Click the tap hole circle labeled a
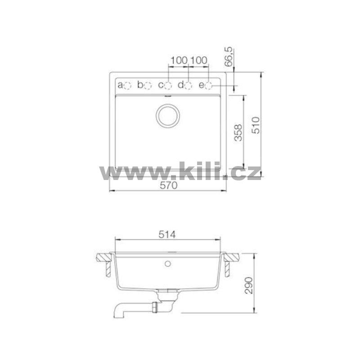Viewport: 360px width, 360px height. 127,85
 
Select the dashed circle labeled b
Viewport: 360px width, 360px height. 148,85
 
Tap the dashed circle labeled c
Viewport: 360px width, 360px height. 168,85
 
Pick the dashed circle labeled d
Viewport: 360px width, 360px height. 188,85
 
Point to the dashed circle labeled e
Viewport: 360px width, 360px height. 209,85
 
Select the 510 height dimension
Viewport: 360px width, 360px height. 256,125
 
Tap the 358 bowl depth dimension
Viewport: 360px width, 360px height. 238,132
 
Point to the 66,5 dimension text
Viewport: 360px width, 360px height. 229,57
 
